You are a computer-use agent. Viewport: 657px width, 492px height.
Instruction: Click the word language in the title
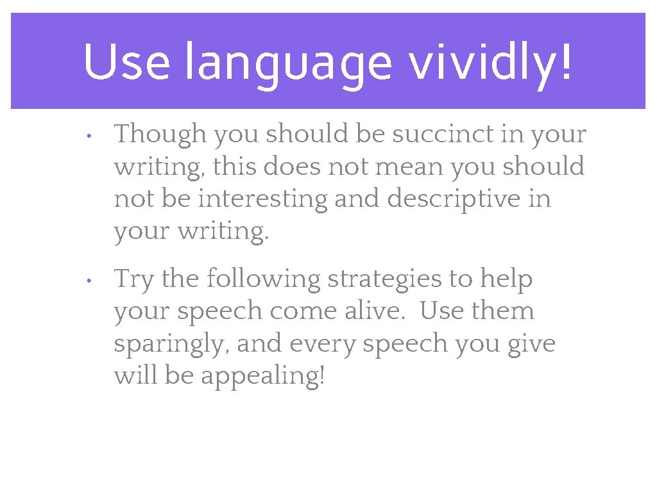coord(287,64)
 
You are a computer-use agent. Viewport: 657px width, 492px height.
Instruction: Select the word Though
coord(160,135)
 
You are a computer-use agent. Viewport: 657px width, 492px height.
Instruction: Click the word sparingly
coord(171,345)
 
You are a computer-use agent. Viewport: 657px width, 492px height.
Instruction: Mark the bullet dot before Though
coord(90,136)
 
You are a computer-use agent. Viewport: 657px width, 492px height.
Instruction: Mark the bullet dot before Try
coord(90,281)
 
